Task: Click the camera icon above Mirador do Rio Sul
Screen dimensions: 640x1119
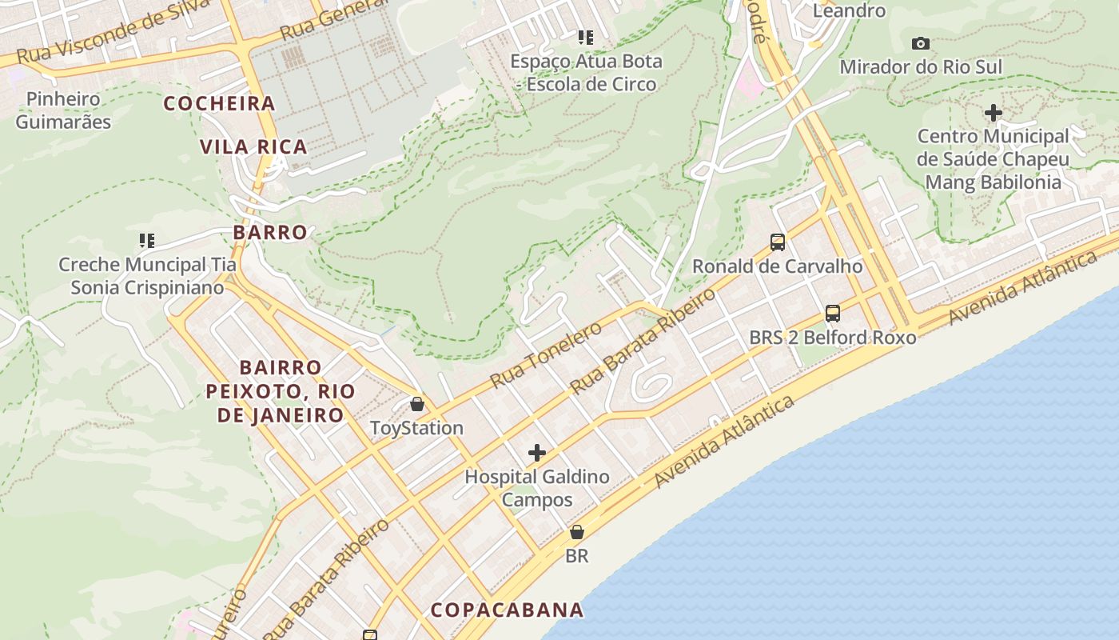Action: [921, 43]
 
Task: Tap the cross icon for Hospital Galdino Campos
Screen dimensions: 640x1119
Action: [537, 454]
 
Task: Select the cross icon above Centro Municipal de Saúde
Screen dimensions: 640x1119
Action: [993, 113]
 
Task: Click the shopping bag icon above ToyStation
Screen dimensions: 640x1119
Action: [416, 403]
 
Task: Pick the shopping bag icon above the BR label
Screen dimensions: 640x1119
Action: [576, 532]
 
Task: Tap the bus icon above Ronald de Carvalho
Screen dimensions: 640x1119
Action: [777, 242]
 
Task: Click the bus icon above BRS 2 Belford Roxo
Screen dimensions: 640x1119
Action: [832, 313]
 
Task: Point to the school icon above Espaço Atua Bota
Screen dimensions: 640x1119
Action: [586, 37]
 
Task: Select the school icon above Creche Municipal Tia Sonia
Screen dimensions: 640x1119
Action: [146, 240]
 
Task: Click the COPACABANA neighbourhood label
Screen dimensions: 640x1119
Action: [508, 610]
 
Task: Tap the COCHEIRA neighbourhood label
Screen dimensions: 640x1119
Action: [220, 103]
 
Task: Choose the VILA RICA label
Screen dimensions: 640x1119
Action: [253, 146]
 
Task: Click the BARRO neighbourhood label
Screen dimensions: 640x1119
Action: [270, 232]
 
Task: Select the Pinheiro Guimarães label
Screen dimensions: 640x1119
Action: [63, 110]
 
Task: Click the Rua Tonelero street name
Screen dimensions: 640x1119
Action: [546, 355]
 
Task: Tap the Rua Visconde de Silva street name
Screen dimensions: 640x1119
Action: [112, 34]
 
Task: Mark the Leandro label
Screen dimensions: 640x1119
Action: [849, 10]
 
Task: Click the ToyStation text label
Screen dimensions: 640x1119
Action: [416, 428]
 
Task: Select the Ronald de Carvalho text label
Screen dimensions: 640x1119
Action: [777, 266]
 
